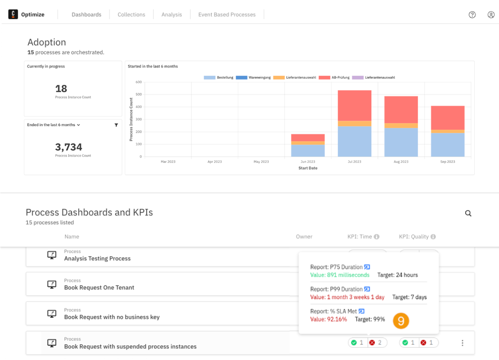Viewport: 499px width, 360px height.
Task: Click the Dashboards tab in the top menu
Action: point(86,15)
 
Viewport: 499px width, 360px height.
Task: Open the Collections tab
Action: point(131,15)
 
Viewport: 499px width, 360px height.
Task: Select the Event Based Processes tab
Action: point(227,15)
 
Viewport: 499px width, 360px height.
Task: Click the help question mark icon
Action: point(472,15)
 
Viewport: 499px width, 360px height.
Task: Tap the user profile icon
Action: point(491,15)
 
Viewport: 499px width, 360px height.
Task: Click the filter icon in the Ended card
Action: point(116,125)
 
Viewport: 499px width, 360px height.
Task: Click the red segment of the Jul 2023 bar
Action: point(354,105)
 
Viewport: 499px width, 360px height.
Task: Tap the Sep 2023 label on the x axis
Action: point(448,162)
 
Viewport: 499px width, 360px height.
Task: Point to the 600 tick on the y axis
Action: point(139,82)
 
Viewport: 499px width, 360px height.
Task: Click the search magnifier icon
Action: point(468,213)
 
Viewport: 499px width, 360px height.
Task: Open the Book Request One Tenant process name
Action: point(99,287)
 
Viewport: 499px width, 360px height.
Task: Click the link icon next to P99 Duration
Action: point(367,289)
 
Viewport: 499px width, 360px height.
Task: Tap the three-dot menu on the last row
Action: point(462,343)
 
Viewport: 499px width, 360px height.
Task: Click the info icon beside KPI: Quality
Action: point(433,237)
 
